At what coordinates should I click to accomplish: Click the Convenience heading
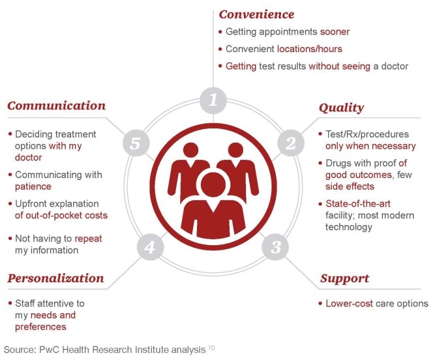256,14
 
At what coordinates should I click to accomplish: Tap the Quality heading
341,108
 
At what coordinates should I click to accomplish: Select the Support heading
345,278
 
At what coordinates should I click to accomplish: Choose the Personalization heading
55,278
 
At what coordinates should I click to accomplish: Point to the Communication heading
56,106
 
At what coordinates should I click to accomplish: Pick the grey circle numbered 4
149,247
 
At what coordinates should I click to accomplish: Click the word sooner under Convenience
335,31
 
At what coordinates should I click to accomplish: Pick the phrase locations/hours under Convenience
309,49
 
